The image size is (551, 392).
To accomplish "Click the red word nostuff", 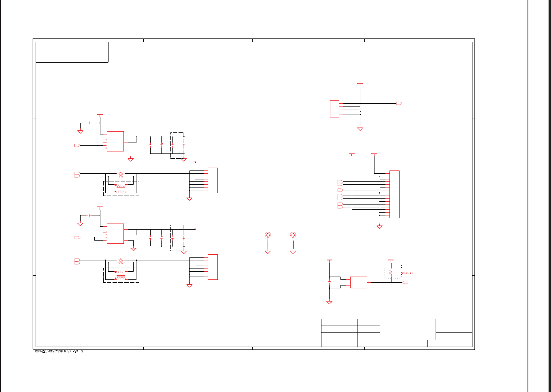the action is pyautogui.click(x=407, y=273).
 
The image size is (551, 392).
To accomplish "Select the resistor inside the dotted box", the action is pyautogui.click(x=391, y=273).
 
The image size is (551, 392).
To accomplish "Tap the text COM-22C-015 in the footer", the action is pyautogui.click(x=45, y=352).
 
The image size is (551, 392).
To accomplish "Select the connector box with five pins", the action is pyautogui.click(x=334, y=109).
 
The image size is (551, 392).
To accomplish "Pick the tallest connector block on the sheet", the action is pyautogui.click(x=394, y=194).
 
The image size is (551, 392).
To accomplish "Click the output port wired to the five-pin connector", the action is pyautogui.click(x=399, y=104).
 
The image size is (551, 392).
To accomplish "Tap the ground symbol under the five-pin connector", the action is pyautogui.click(x=360, y=129).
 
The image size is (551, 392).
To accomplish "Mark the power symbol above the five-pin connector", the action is pyautogui.click(x=360, y=84).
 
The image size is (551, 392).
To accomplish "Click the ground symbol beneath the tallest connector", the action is pyautogui.click(x=380, y=227).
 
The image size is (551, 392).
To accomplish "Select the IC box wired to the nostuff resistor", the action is pyautogui.click(x=358, y=282).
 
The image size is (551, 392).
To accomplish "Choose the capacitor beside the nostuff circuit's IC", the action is pyautogui.click(x=330, y=281).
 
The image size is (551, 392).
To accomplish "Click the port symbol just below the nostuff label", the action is pyautogui.click(x=405, y=282).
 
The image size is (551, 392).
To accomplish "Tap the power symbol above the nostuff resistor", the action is pyautogui.click(x=391, y=260).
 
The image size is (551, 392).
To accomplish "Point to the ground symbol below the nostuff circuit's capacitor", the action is pyautogui.click(x=330, y=303).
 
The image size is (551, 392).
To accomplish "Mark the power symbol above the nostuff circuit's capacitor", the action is pyautogui.click(x=330, y=260).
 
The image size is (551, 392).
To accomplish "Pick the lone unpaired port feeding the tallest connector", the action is pyautogui.click(x=340, y=190).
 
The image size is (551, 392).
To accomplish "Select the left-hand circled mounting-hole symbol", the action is pyautogui.click(x=268, y=235).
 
